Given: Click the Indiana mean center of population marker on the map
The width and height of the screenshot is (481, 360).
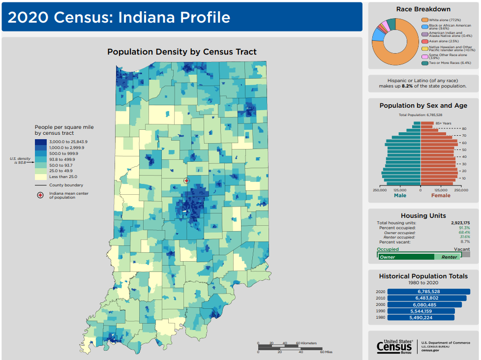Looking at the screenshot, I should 186,181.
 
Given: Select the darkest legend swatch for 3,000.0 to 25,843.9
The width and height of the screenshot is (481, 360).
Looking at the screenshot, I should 41,142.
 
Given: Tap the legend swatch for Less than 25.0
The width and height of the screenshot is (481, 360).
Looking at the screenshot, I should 41,177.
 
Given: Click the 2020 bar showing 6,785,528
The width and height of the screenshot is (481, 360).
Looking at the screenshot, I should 428,292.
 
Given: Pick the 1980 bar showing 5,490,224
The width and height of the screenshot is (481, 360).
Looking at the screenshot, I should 421,318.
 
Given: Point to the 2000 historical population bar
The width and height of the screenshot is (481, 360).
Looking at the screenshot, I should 424,304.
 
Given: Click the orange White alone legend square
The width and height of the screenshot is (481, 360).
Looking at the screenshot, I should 424,20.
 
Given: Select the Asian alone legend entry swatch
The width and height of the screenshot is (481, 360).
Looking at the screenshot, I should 424,41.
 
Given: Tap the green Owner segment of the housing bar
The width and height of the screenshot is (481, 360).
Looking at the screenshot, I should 406,257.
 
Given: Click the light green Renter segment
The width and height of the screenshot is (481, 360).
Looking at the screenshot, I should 448,257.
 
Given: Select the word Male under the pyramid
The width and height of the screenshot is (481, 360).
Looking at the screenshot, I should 400,195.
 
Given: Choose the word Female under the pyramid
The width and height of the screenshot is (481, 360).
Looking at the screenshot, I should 441,195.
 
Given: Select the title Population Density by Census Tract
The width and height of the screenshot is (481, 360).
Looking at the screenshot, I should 182,52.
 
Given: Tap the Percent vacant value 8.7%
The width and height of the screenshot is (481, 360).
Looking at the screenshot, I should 464,242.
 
